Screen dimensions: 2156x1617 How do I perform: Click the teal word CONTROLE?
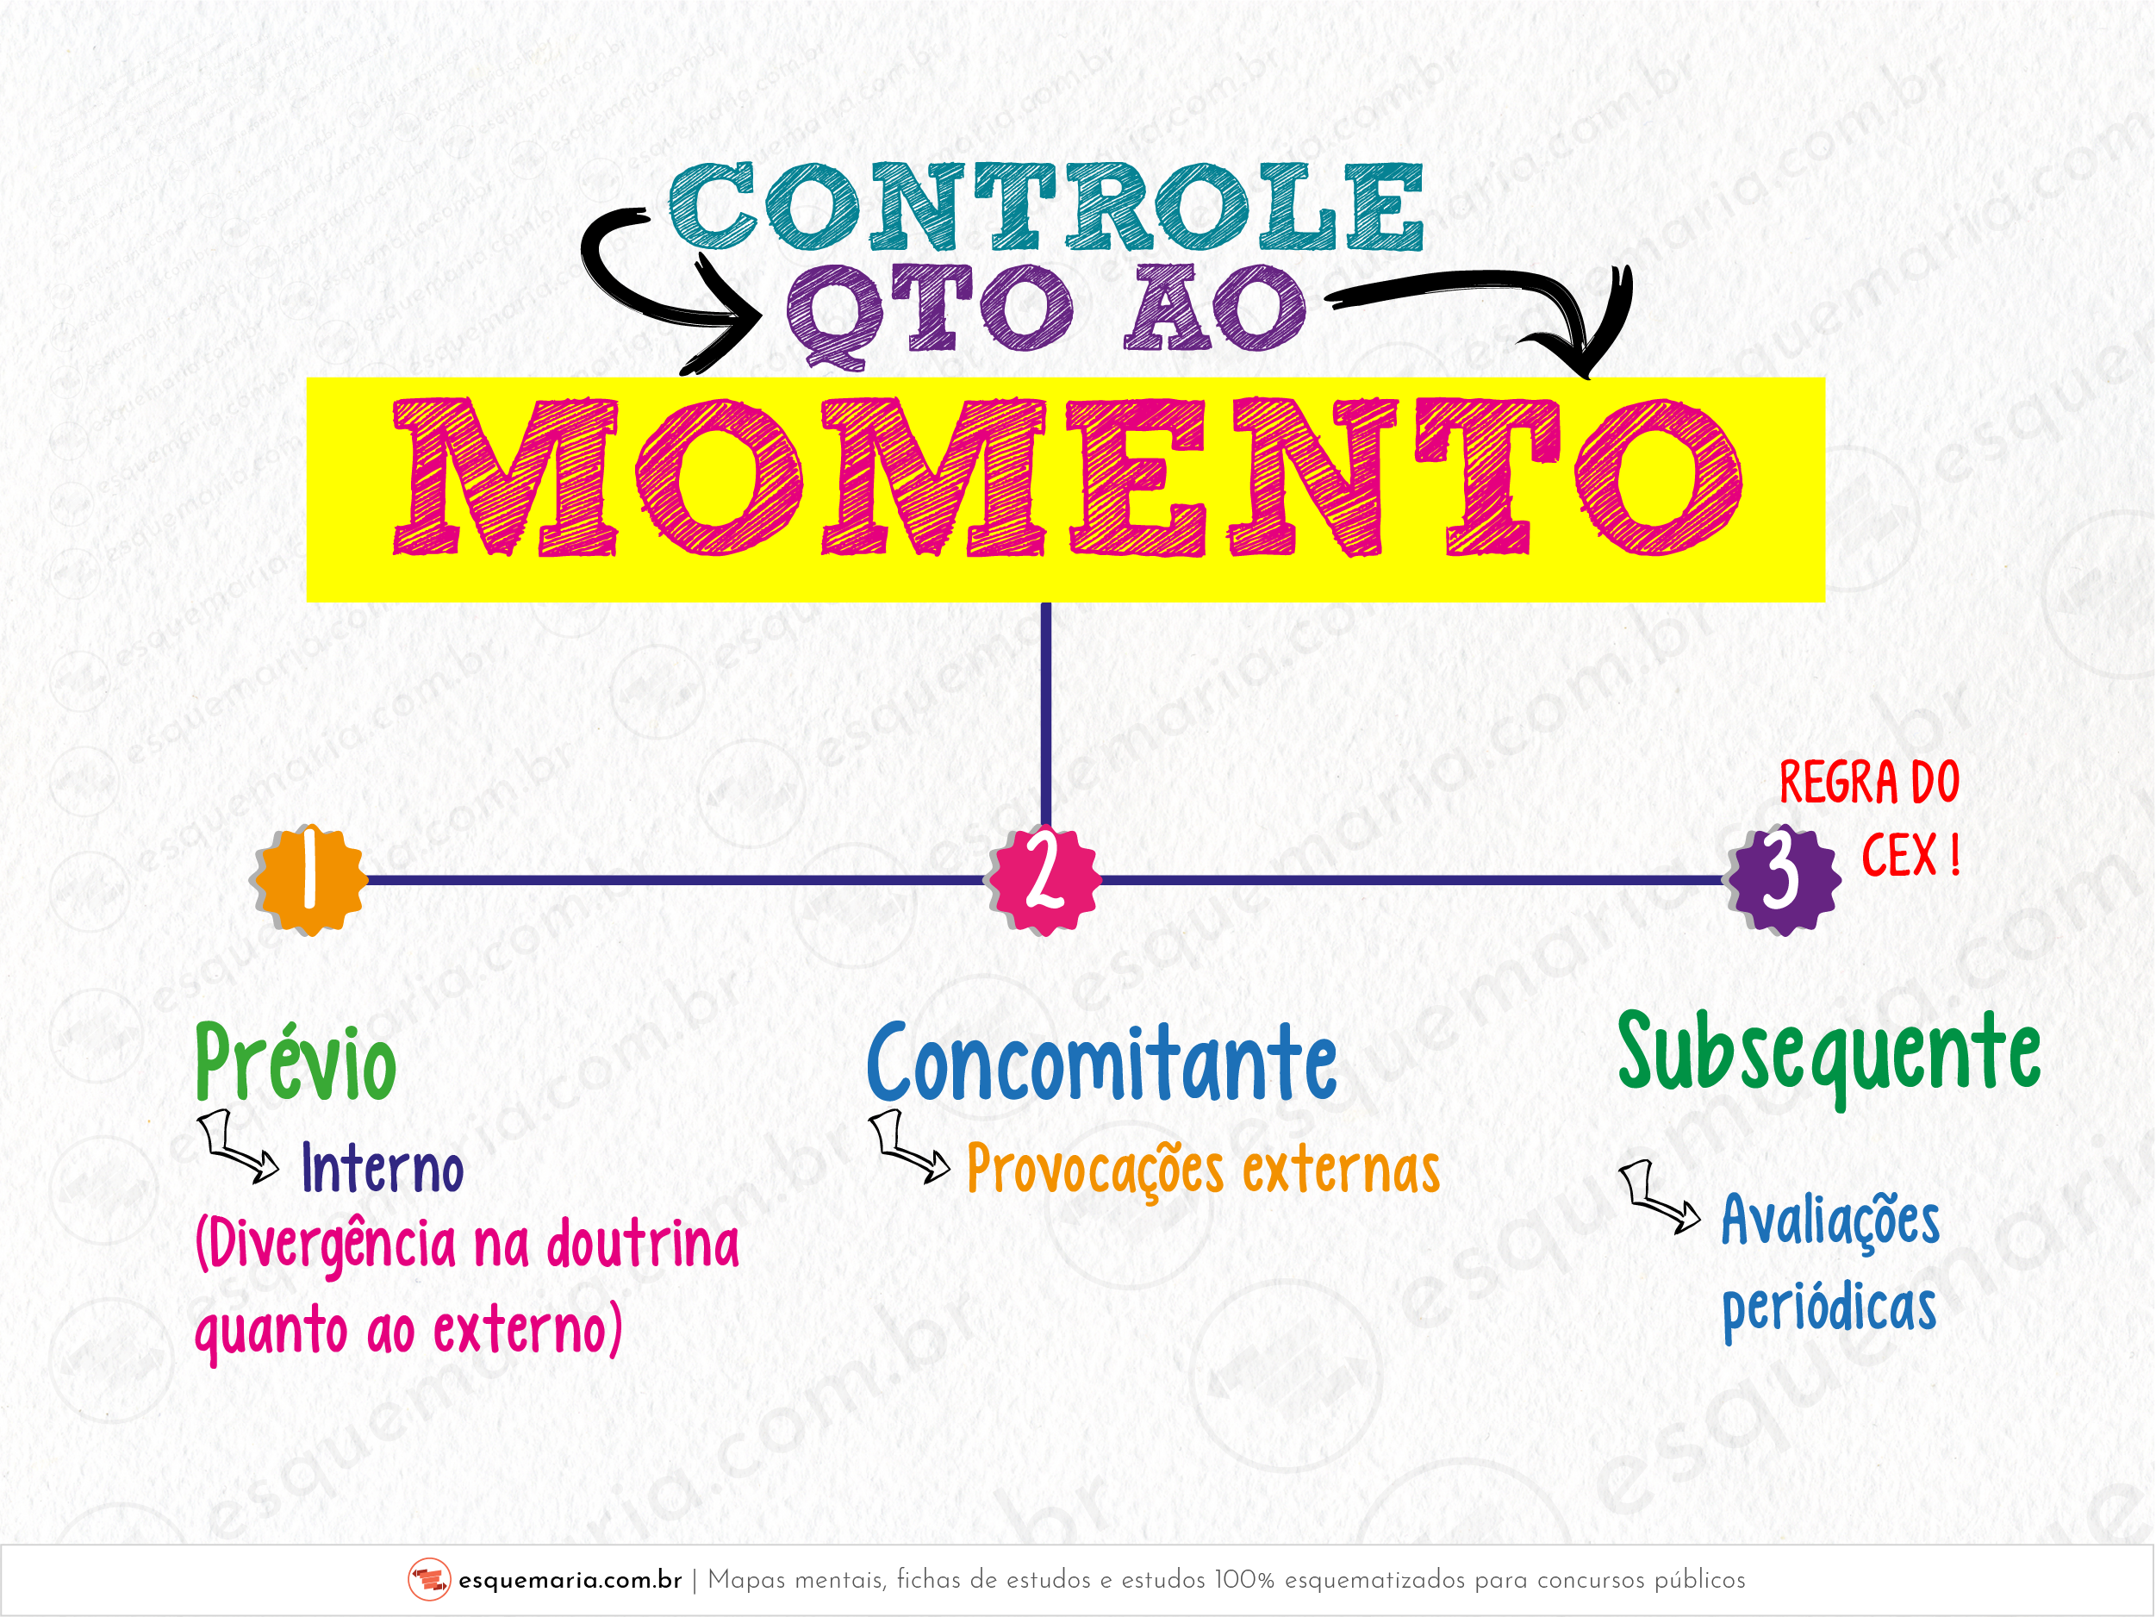tap(1046, 207)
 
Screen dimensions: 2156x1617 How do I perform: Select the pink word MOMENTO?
tap(1068, 478)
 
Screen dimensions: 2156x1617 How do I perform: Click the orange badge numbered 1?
tap(310, 879)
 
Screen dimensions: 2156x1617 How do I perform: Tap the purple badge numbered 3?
tap(1784, 879)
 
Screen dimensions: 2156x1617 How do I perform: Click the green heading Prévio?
tap(296, 1063)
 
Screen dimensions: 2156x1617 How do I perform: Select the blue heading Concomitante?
tap(1101, 1063)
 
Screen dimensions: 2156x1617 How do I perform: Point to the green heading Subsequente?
tap(1829, 1057)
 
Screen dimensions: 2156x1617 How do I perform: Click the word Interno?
tap(382, 1168)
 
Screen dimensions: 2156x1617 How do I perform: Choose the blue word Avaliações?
tap(1830, 1221)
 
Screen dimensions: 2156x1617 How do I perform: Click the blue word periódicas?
tap(1829, 1308)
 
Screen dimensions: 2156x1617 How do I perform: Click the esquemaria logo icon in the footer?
tap(429, 1580)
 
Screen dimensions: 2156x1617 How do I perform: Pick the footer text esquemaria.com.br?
tap(570, 1580)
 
